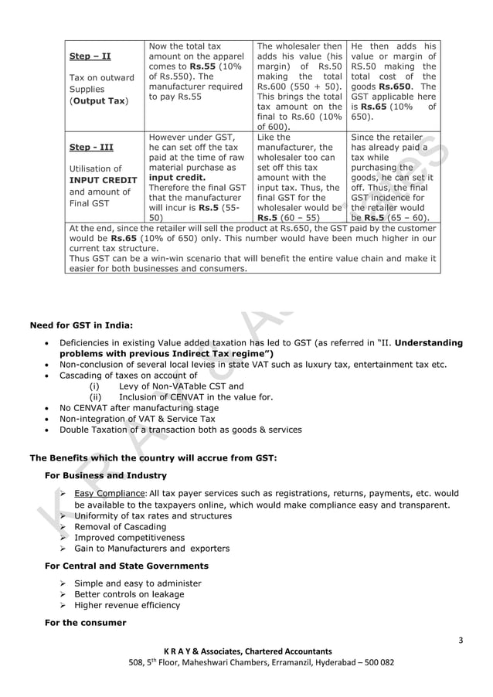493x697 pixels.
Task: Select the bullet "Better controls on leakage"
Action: [129, 594]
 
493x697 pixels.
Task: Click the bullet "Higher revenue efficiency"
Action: [127, 606]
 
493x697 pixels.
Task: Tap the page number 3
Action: [461, 639]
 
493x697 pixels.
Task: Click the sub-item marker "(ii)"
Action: [97, 397]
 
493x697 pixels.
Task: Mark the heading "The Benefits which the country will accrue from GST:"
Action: [152, 457]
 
